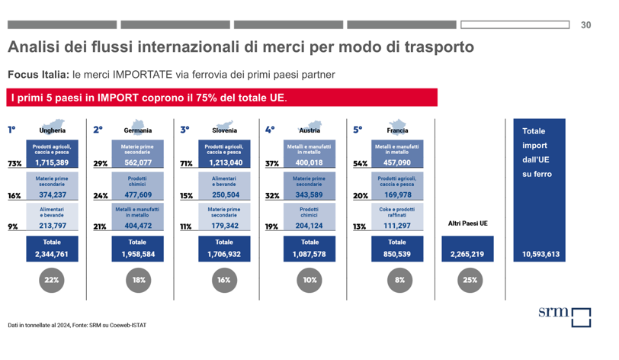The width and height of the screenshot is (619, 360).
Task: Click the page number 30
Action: click(x=585, y=25)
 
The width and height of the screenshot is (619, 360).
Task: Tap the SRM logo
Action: click(x=564, y=316)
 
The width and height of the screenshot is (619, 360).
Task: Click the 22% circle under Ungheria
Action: click(x=52, y=280)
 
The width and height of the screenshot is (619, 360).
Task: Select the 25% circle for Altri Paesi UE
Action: click(x=470, y=280)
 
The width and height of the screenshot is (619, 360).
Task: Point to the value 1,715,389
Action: click(x=52, y=162)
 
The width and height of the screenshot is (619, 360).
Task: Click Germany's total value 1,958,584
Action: click(x=138, y=254)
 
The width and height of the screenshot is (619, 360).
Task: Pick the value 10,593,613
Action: click(x=541, y=254)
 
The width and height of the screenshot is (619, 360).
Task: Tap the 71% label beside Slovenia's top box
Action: click(x=186, y=163)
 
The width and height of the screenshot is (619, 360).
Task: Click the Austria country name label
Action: click(x=309, y=130)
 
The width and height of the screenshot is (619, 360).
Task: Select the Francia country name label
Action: click(x=397, y=130)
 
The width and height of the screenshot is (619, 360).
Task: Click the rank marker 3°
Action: click(x=184, y=130)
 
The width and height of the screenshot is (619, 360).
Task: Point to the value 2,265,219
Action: click(x=468, y=254)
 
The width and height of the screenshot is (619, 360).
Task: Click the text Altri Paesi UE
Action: click(x=468, y=223)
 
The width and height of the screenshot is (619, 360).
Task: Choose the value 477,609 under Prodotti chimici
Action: click(x=138, y=194)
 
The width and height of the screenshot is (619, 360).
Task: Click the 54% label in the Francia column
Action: click(x=360, y=163)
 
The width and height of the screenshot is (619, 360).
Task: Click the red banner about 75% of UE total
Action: click(x=220, y=98)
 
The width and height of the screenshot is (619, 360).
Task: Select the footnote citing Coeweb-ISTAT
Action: click(x=77, y=325)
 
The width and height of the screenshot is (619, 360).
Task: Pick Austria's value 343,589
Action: click(x=309, y=194)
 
